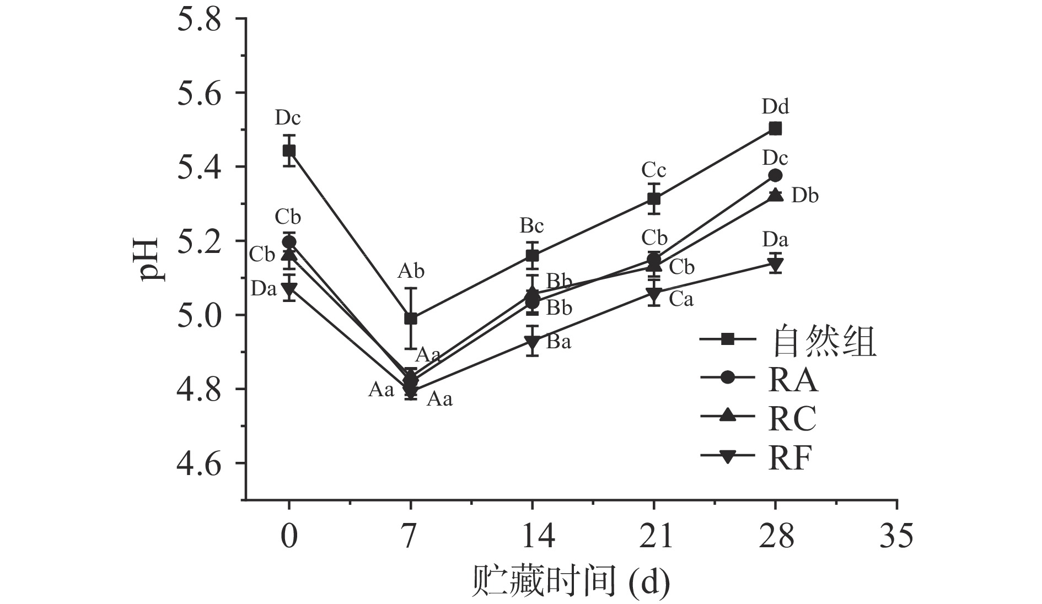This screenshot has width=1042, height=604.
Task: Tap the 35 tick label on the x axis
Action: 896,536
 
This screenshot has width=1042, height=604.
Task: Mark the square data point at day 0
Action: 289,150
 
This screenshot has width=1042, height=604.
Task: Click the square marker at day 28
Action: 775,128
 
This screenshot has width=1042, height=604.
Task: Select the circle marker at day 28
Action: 775,176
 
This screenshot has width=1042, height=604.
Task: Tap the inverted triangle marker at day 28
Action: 775,264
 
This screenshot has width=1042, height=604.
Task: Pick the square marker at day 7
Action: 411,319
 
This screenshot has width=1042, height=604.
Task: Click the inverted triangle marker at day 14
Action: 532,342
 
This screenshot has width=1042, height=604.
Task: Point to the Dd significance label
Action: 775,106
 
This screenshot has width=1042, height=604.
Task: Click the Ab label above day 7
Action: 411,271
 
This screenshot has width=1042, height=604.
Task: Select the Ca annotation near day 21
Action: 681,299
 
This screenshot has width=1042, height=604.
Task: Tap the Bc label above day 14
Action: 531,226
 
